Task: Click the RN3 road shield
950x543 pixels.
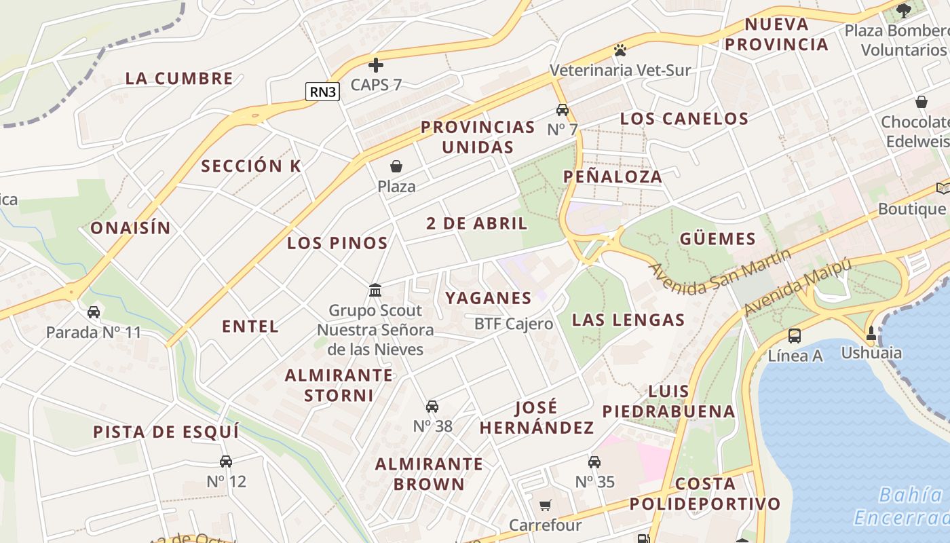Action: point(322,92)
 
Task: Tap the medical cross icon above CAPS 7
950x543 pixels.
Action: point(376,65)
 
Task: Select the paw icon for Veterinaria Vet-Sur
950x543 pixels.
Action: point(620,50)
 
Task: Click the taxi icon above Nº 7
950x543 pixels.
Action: point(562,110)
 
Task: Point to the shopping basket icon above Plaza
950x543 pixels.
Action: point(396,166)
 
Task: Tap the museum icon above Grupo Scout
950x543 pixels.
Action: point(375,291)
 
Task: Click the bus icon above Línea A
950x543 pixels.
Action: point(795,335)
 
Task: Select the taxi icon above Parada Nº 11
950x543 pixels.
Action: point(94,312)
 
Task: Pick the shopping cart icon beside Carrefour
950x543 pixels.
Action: point(545,506)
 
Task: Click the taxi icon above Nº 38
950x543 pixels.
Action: point(432,407)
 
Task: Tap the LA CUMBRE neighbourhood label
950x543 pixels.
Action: point(179,78)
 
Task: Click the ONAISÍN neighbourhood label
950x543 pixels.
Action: point(130,227)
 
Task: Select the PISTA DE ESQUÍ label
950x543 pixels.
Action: point(166,432)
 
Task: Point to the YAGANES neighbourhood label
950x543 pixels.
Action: point(489,297)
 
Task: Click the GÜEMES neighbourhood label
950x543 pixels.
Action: point(718,238)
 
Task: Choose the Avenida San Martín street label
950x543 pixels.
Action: point(721,272)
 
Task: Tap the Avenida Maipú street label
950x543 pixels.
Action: point(797,287)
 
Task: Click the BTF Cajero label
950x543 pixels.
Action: point(514,324)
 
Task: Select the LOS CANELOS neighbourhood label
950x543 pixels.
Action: point(684,118)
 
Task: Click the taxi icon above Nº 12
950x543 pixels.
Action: point(226,462)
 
